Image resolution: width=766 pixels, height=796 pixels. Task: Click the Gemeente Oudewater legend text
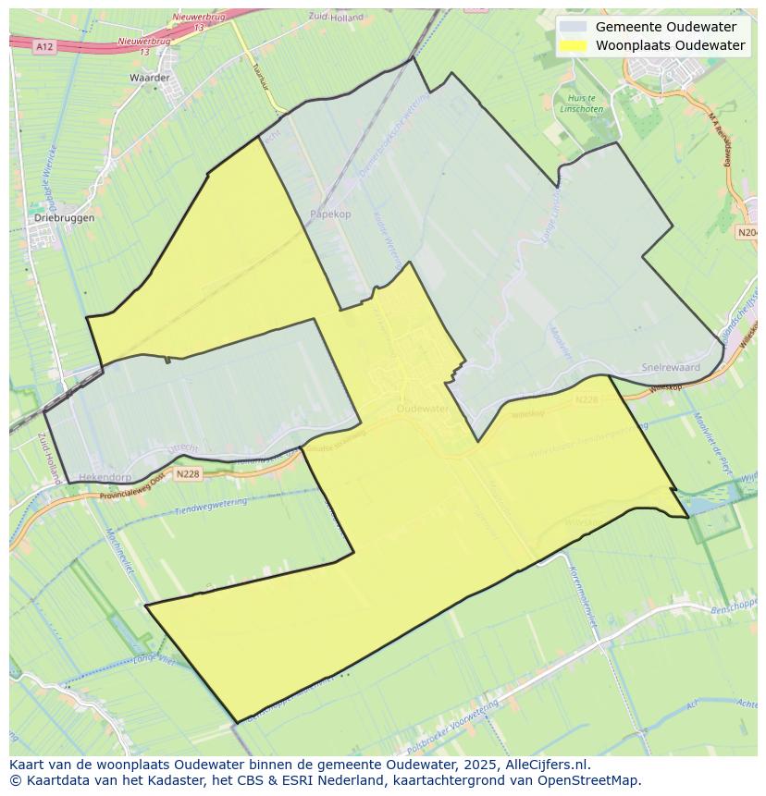666,27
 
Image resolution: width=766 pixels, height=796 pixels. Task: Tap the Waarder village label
150,78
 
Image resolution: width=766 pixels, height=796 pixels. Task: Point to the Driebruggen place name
64,218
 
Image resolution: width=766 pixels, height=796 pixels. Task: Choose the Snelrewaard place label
671,367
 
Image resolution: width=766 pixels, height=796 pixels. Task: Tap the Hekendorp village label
105,478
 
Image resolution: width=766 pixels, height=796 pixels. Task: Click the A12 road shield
43,45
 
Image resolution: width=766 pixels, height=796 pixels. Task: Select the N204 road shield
747,233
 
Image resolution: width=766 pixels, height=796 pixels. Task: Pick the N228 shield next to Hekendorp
187,474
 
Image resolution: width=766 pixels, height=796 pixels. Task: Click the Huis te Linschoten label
586,104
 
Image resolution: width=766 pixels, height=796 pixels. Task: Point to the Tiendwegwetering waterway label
211,508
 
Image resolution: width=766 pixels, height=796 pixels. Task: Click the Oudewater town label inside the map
422,408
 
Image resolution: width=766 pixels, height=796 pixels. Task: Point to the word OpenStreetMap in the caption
592,780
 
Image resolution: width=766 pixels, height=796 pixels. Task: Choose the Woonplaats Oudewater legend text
670,45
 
